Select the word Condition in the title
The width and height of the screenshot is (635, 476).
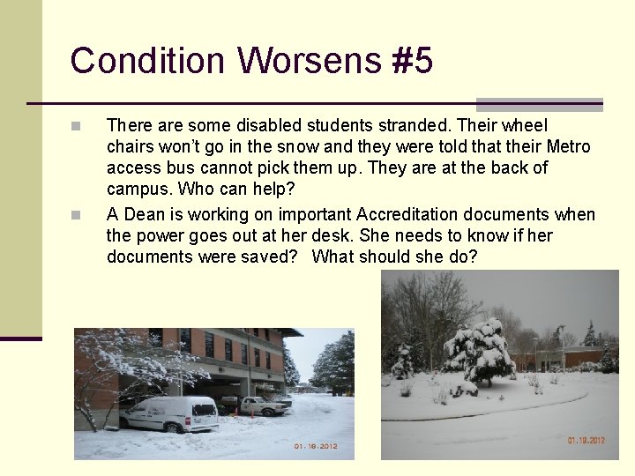147,62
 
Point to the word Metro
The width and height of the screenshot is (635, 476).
568,146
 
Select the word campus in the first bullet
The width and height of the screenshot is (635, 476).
139,189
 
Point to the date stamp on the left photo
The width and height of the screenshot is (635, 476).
316,446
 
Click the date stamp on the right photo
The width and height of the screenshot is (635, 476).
585,440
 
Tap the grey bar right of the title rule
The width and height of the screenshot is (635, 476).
539,104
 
